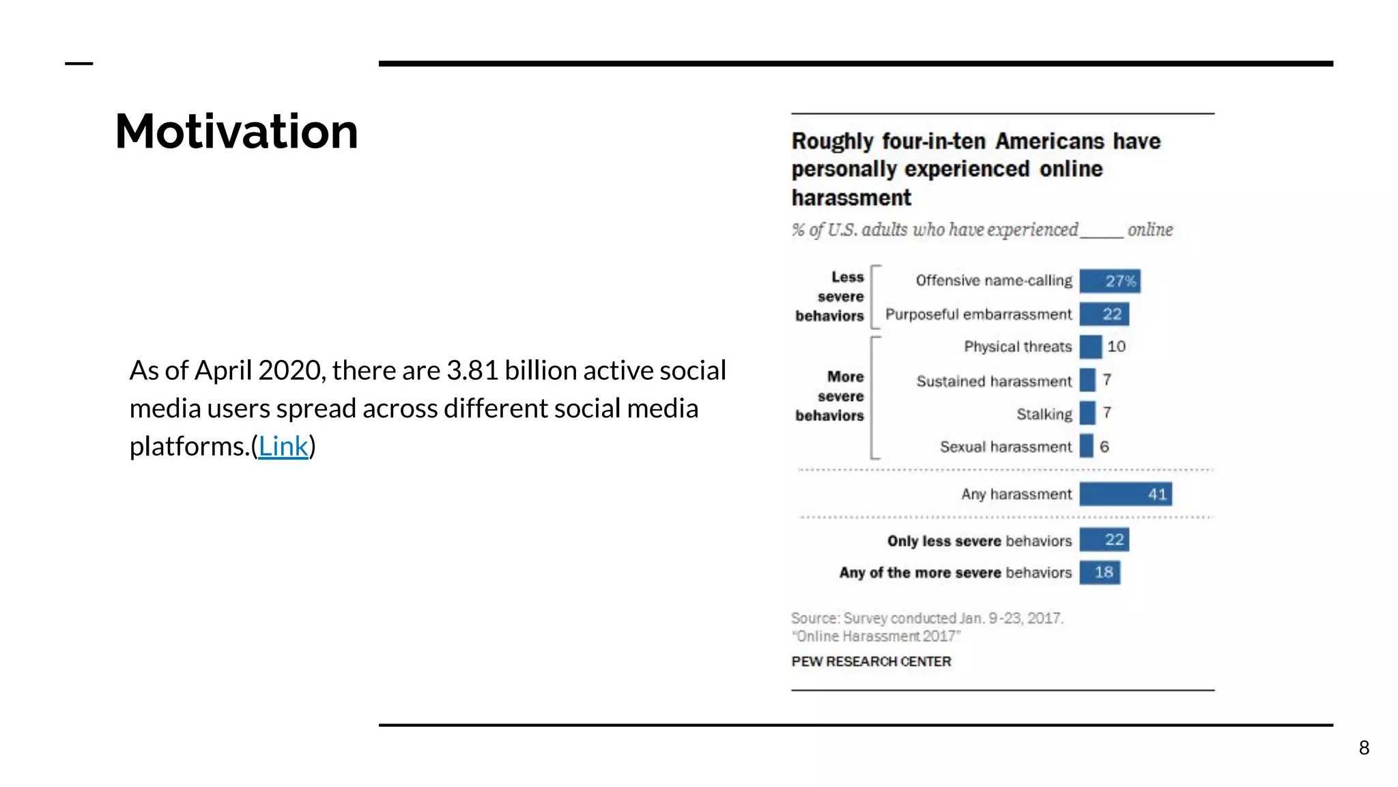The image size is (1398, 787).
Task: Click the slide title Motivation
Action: click(236, 131)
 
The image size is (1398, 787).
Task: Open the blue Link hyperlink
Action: click(283, 446)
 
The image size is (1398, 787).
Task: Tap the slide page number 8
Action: click(1364, 748)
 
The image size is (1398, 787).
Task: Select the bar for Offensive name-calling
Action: click(1109, 281)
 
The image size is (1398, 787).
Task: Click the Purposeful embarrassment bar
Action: click(1104, 314)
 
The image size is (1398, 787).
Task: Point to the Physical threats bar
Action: click(1090, 347)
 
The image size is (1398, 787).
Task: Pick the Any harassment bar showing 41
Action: click(1125, 494)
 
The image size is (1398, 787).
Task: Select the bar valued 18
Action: click(1099, 572)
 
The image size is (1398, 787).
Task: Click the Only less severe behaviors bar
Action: click(1104, 540)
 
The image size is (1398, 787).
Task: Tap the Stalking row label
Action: click(1044, 414)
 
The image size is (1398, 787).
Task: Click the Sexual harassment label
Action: click(1005, 447)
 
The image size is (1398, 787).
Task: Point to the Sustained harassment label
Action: click(994, 381)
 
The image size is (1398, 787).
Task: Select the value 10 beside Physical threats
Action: click(1116, 346)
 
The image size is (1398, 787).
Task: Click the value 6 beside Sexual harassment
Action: click(1104, 447)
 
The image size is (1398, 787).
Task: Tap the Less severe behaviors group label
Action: click(831, 296)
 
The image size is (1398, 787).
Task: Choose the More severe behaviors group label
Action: click(831, 396)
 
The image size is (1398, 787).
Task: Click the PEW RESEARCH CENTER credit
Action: click(871, 661)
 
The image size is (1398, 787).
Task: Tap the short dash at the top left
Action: click(79, 64)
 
